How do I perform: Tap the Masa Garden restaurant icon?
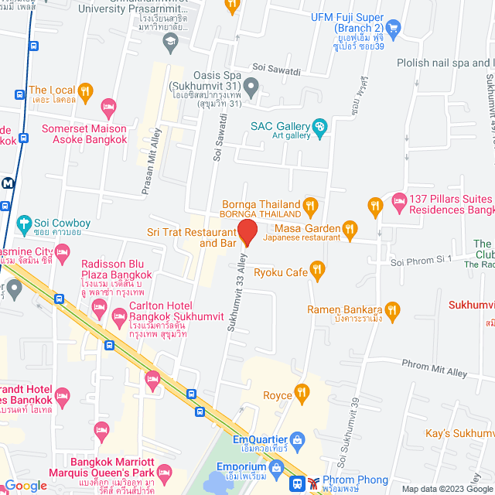(x=350, y=228)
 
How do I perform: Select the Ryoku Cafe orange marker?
(x=316, y=270)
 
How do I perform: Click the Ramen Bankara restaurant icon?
(x=393, y=310)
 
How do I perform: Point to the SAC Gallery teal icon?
(x=319, y=127)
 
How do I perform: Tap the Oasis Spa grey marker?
(x=251, y=85)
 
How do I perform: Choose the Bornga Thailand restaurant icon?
(x=310, y=205)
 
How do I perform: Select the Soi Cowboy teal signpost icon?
(x=24, y=224)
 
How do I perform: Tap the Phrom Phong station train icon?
(x=296, y=483)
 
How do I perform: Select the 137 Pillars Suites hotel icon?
(x=398, y=203)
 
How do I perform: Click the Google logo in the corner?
(x=26, y=485)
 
